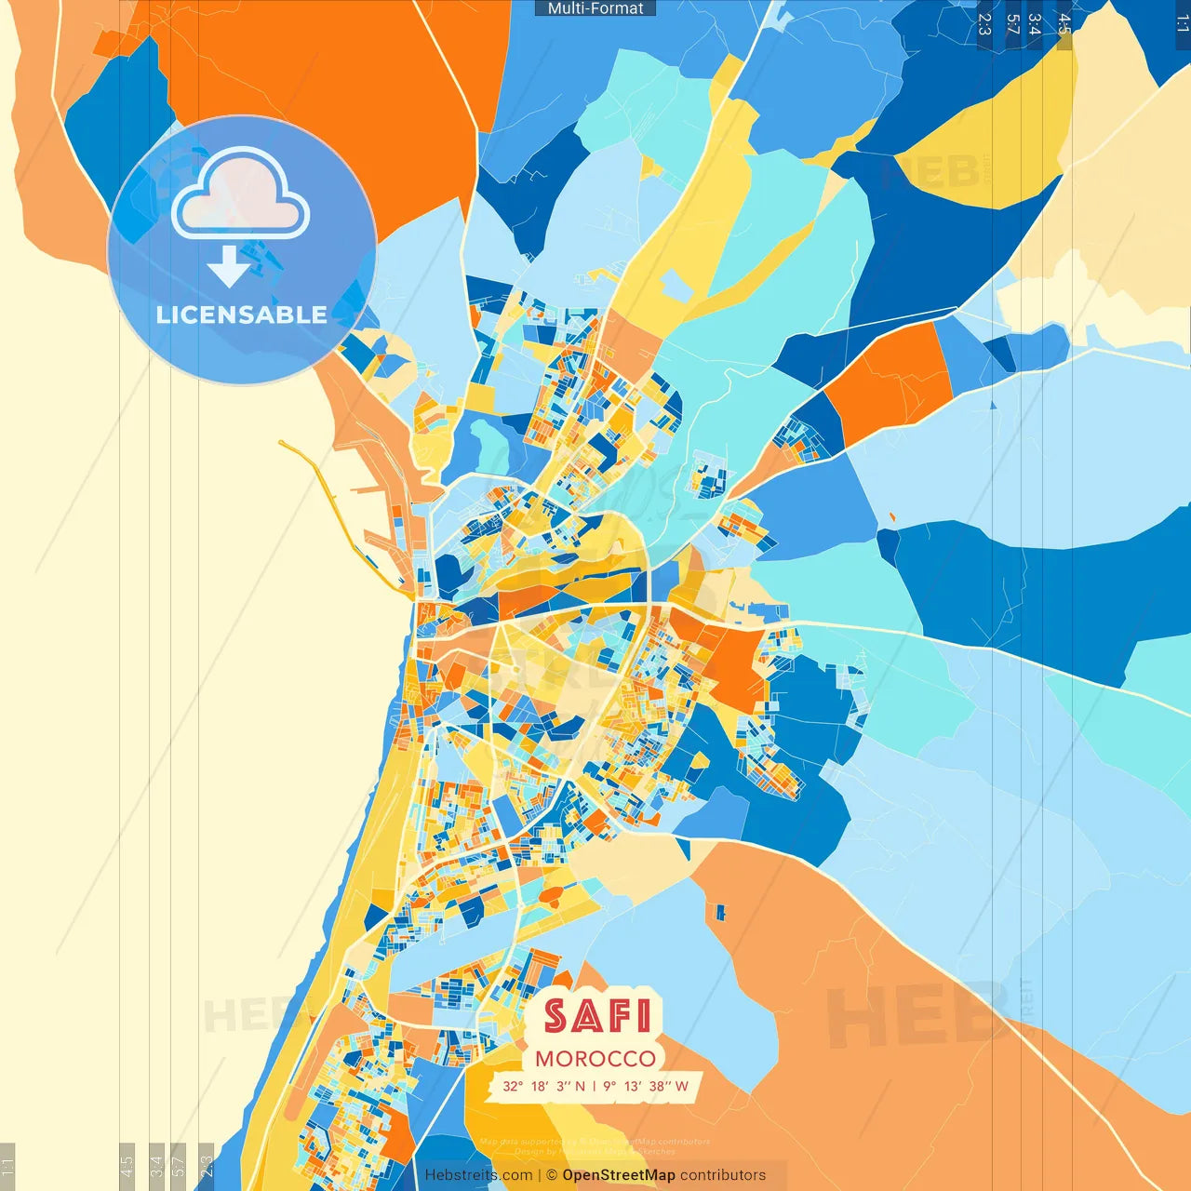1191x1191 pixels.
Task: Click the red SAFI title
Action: click(x=596, y=1015)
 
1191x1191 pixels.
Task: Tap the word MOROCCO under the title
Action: click(x=595, y=1059)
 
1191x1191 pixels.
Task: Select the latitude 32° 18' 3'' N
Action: click(x=544, y=1086)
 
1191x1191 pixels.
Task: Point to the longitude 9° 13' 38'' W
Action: click(x=646, y=1086)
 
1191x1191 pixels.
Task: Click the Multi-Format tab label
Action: click(x=595, y=8)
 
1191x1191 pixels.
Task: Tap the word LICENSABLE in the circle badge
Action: click(x=242, y=314)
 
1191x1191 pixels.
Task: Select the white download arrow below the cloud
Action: click(x=229, y=266)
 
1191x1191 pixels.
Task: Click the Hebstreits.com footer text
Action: click(x=478, y=1175)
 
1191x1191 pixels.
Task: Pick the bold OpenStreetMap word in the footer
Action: click(x=619, y=1175)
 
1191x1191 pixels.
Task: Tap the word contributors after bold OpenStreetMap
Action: click(x=723, y=1175)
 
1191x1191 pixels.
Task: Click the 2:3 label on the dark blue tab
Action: click(x=984, y=24)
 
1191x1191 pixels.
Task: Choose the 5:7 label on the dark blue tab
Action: click(x=1012, y=24)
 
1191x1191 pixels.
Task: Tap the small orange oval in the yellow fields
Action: click(x=551, y=895)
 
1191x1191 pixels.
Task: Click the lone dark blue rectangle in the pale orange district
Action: click(x=718, y=912)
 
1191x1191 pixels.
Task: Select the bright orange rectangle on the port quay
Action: click(x=395, y=510)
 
